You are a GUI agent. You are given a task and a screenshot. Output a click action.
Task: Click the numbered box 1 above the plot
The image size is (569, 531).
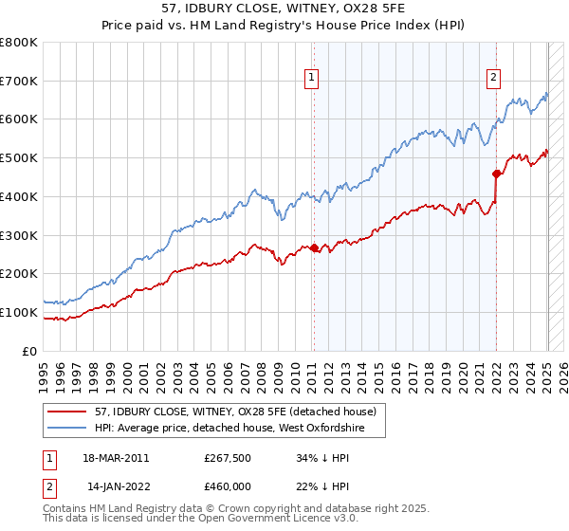312,80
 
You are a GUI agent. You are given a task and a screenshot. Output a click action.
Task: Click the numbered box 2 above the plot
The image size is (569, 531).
494,80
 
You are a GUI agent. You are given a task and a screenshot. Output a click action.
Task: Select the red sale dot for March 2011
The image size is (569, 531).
314,248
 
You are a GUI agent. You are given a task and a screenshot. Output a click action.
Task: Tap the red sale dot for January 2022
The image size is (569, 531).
496,174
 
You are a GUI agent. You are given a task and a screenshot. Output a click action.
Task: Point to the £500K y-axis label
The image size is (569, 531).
19,158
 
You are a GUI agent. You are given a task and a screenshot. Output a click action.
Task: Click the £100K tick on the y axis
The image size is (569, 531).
19,312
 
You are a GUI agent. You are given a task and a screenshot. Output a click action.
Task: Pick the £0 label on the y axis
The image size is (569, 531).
30,351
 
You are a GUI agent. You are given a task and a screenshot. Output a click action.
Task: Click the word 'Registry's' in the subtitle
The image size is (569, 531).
312,27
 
